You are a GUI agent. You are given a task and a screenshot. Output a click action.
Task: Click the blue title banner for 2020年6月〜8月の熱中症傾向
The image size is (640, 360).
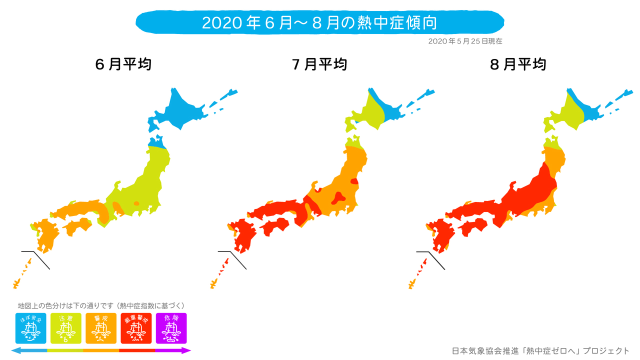click(320, 23)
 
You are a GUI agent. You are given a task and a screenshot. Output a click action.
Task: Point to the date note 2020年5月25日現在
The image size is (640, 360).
click(465, 41)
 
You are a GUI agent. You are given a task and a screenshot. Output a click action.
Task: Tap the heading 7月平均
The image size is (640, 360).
click(320, 64)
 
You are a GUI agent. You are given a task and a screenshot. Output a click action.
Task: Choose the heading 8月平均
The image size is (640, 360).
click(518, 64)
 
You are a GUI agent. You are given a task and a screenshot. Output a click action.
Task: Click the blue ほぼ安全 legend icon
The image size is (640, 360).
click(30, 328)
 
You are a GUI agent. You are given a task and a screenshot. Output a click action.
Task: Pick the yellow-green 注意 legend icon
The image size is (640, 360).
click(66, 328)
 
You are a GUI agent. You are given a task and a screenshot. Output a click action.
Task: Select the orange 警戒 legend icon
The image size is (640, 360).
click(101, 328)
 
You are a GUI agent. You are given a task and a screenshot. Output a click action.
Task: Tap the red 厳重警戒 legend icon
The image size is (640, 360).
click(136, 328)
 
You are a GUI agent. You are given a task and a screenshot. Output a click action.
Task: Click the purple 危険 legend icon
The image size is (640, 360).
click(171, 328)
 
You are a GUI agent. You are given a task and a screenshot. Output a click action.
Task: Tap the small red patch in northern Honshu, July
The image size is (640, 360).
click(354, 181)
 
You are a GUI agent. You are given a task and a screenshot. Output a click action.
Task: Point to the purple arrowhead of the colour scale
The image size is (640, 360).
click(187, 350)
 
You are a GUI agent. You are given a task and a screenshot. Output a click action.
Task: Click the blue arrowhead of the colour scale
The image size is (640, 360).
click(15, 350)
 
